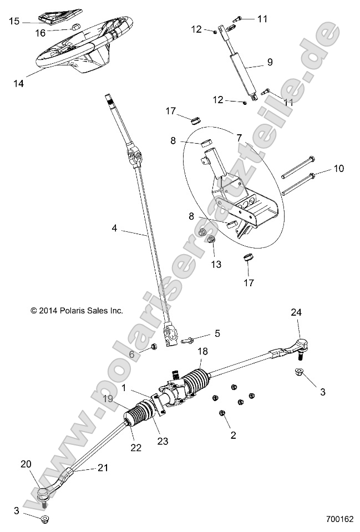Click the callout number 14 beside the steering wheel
[19, 83]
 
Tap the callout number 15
[14, 21]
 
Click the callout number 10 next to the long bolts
[338, 168]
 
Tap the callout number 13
[216, 264]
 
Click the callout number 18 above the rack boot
[202, 352]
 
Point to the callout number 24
[296, 312]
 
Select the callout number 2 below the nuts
[233, 435]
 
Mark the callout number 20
[26, 464]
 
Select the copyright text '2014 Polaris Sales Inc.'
[77, 311]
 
